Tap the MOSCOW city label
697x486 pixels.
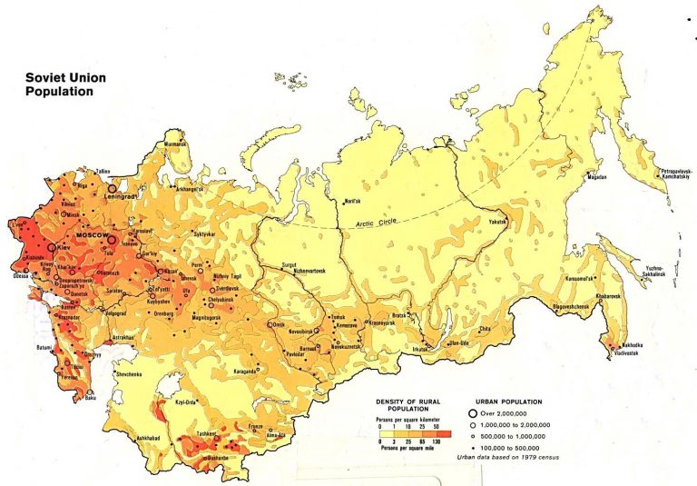pos(91,236)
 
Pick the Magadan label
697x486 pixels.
pos(596,179)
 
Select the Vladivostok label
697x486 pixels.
pos(624,353)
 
